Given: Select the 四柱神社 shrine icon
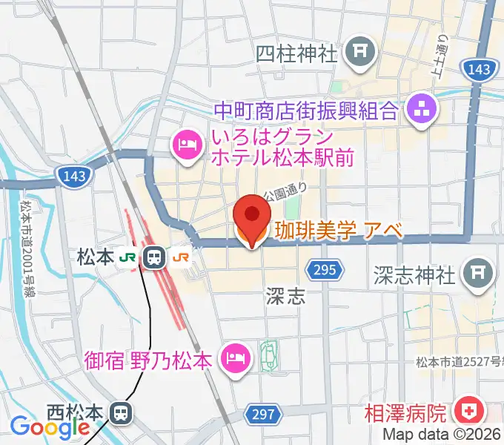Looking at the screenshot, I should tap(361, 51).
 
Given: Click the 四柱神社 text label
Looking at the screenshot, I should tap(296, 53).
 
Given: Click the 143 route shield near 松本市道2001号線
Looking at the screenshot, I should tap(69, 175).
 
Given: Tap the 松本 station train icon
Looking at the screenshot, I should tap(155, 257).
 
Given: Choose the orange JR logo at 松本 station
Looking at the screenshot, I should tap(180, 257).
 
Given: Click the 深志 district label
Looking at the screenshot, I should tap(285, 297).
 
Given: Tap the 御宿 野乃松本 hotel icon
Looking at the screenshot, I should tap(236, 360).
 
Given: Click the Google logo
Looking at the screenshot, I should tap(39, 427).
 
